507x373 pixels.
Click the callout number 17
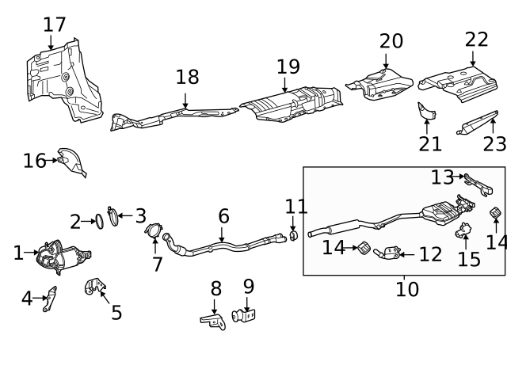[55, 25]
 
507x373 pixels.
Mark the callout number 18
[188, 77]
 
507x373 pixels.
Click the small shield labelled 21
[427, 113]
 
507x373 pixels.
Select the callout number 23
[494, 144]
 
